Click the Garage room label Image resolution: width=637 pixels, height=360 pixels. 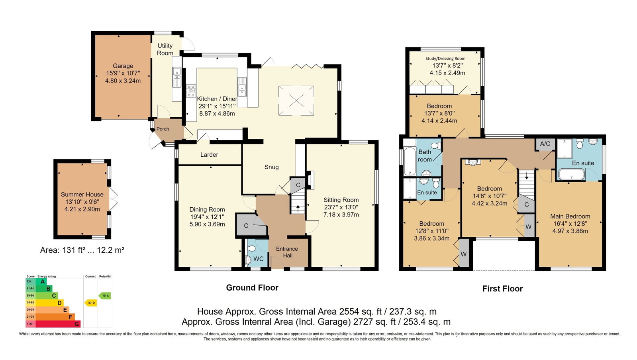(123, 66)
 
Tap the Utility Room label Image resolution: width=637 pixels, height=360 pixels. (165, 49)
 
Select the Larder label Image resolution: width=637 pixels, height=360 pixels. (209, 155)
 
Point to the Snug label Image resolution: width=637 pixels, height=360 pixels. (272, 167)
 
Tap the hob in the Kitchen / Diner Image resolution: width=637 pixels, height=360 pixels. (191, 90)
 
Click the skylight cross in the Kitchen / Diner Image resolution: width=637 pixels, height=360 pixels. (296, 100)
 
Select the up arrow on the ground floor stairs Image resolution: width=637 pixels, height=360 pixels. (298, 209)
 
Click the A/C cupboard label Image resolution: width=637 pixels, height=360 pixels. (545, 144)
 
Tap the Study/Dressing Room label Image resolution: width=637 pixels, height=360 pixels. (445, 58)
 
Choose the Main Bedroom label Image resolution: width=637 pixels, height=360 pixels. (570, 216)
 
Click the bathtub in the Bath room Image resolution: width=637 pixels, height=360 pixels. (410, 161)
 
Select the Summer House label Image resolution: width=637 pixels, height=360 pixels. (82, 195)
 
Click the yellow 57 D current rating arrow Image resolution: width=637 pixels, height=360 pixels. (91, 303)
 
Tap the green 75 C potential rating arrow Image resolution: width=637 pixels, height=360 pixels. (105, 296)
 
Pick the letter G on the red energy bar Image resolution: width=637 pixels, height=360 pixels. (76, 324)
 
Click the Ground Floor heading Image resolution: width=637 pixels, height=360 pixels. (252, 288)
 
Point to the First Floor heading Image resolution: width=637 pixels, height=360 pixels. (502, 289)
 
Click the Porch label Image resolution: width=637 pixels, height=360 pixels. (163, 129)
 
